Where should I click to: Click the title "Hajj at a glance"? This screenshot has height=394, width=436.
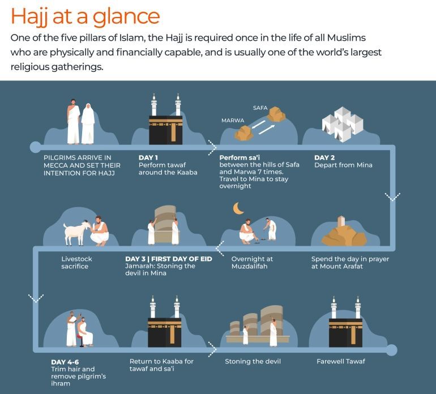click(x=85, y=16)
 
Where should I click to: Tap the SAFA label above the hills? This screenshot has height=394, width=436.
click(x=260, y=108)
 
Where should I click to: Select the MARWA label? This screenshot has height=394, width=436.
click(x=233, y=121)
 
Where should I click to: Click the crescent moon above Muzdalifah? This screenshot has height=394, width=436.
click(x=238, y=208)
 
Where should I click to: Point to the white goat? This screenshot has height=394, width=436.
click(x=76, y=233)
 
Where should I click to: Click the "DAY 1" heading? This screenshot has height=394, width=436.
click(x=148, y=157)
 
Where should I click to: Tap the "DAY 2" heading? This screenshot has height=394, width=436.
click(x=324, y=157)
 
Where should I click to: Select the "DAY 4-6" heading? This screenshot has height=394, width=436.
click(x=65, y=362)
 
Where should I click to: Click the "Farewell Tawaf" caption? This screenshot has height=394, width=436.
click(x=341, y=362)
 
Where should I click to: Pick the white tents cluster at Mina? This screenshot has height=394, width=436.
click(x=343, y=125)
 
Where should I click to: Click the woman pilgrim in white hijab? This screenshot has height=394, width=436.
click(x=88, y=124)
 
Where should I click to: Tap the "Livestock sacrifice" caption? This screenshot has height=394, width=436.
click(x=76, y=263)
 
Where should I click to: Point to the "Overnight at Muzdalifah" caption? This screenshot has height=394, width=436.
click(x=252, y=263)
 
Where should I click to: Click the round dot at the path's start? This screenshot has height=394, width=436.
click(x=35, y=147)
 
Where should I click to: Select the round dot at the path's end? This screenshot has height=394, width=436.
click(x=391, y=349)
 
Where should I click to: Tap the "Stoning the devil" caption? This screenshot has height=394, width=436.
click(x=253, y=362)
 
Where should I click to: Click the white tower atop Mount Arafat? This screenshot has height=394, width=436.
click(x=341, y=221)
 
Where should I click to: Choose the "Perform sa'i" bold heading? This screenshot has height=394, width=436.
click(x=240, y=157)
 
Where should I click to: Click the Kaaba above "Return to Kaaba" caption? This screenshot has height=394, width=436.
click(x=164, y=332)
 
